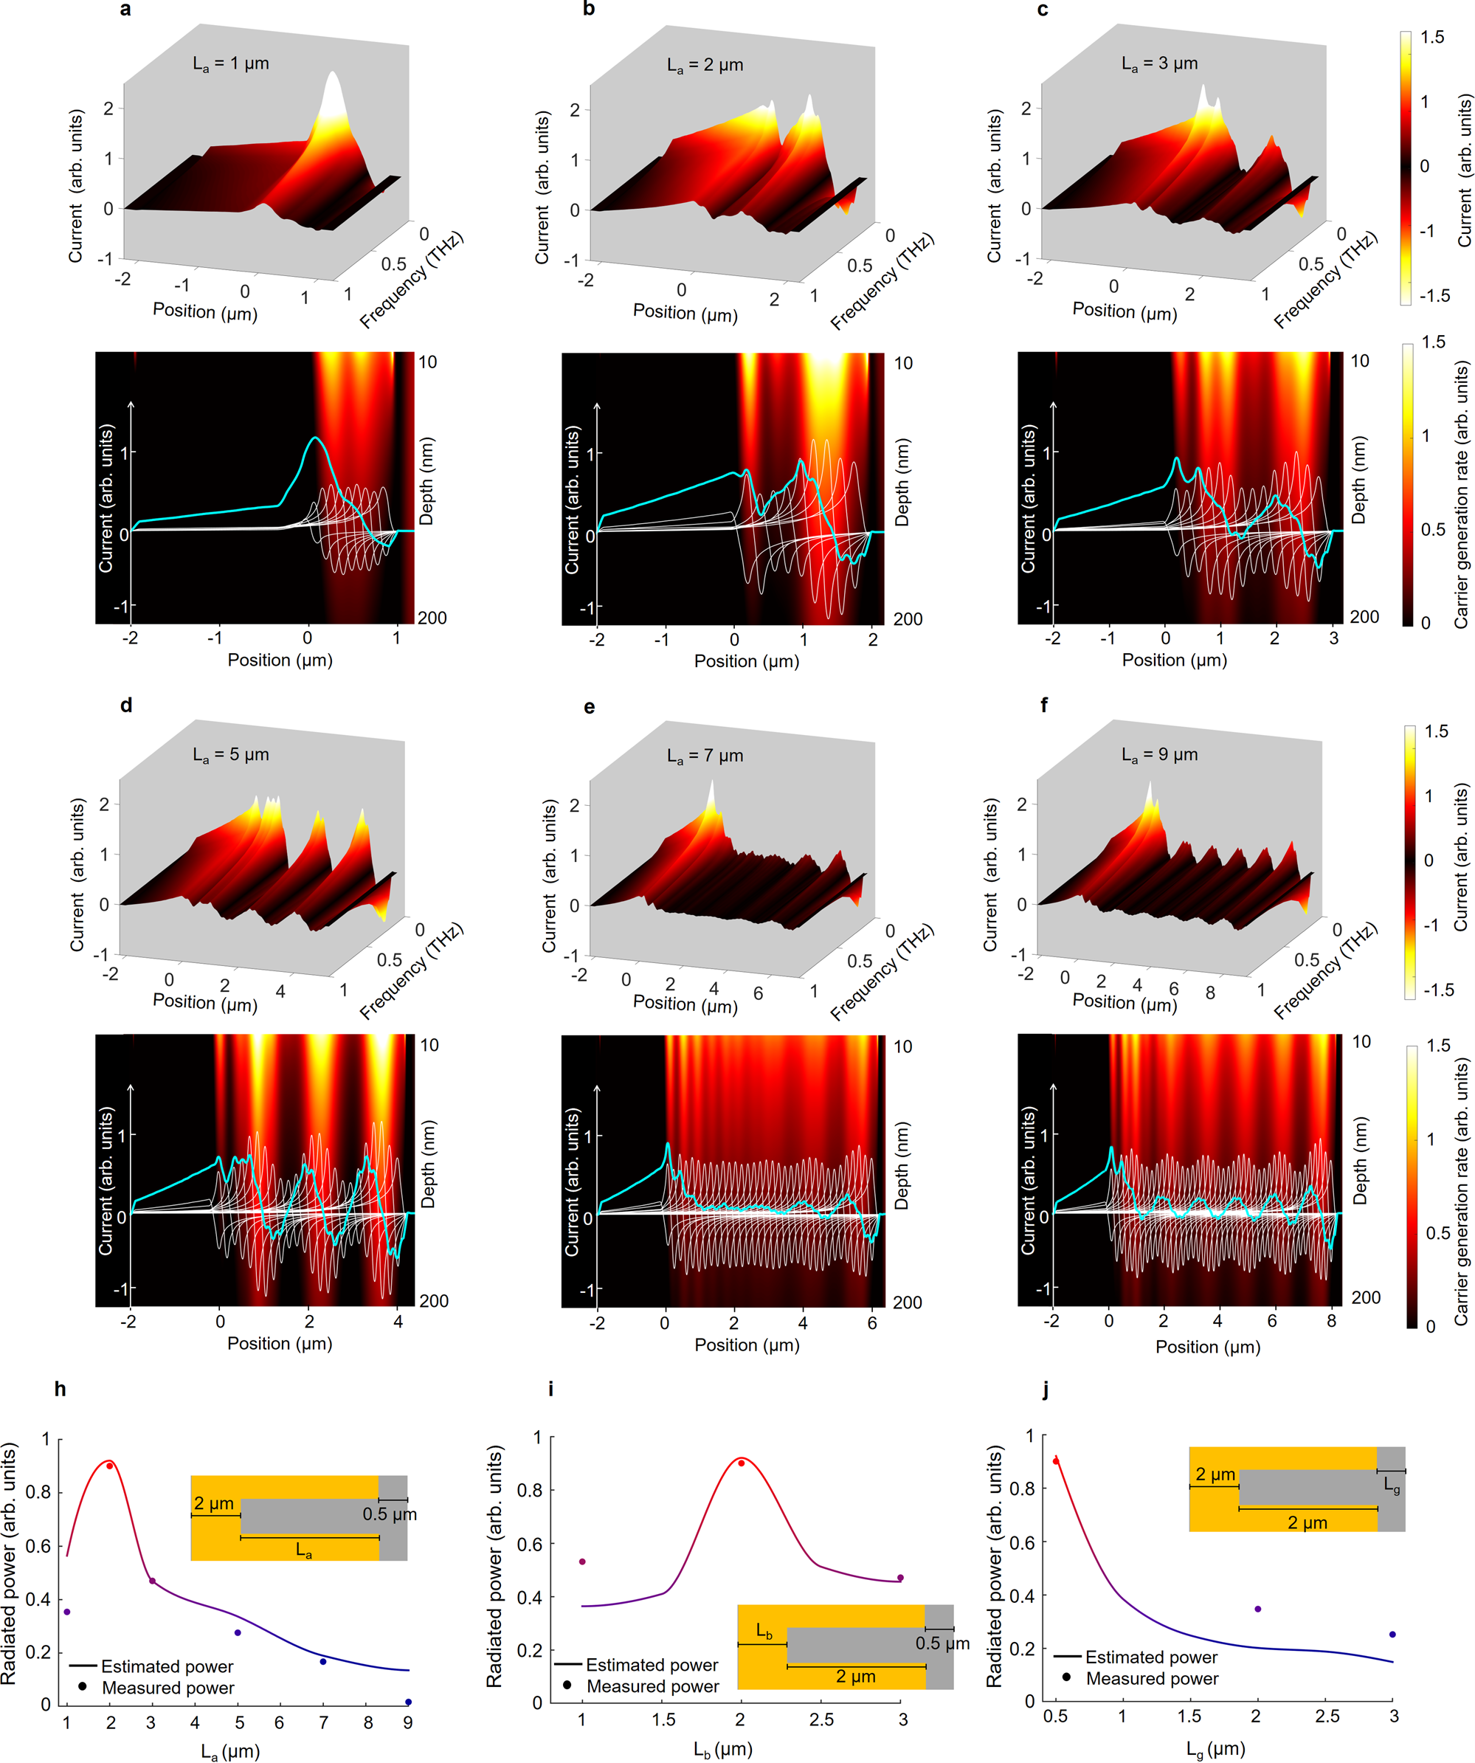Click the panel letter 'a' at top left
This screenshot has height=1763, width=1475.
pos(125,10)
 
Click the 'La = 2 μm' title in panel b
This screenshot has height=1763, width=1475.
pos(705,65)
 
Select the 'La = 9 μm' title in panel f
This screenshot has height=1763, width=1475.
pos(1159,755)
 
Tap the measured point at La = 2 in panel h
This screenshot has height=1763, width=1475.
pos(110,1466)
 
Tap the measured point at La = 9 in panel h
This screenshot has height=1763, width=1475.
pos(408,1702)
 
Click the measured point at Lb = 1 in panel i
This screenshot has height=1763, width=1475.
pos(583,1562)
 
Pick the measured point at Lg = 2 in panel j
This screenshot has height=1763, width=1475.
pos(1257,1609)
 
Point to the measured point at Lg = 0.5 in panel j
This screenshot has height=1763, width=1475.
pos(1056,1460)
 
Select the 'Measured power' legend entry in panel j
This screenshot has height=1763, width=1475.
pos(1152,1678)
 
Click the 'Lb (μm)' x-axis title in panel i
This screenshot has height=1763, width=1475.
pos(722,1749)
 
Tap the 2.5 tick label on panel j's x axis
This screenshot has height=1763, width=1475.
pos(1327,1716)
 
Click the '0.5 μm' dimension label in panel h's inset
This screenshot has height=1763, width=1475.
pos(390,1514)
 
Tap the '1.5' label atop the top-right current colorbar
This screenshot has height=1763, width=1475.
pos(1432,37)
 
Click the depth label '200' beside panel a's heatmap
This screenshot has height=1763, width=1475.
pos(432,618)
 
